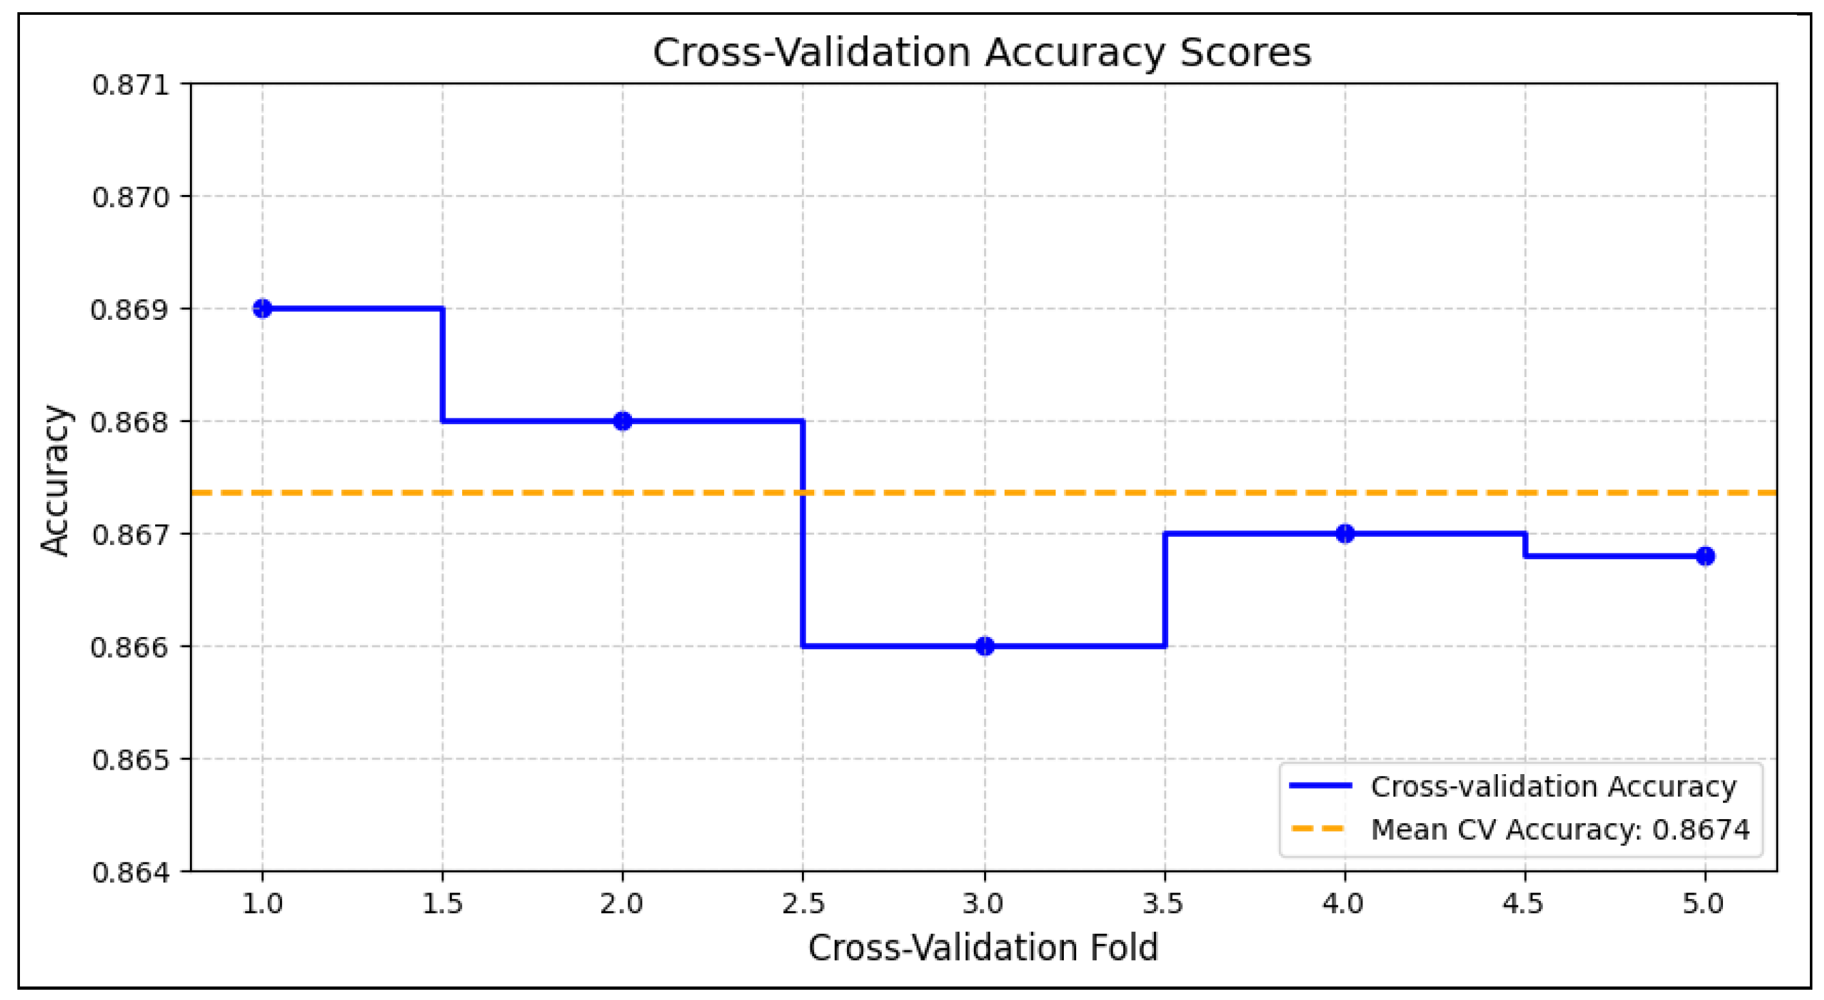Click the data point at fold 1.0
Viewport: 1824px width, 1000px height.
(x=263, y=309)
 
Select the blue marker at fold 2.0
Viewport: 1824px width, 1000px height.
(x=622, y=421)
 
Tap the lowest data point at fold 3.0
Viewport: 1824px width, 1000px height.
(x=984, y=646)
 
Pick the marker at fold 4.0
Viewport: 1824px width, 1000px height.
(x=1345, y=533)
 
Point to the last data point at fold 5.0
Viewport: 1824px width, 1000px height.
(x=1705, y=556)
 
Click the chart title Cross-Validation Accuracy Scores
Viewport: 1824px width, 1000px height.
(x=982, y=52)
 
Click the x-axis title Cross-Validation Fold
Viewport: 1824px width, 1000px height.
(x=983, y=948)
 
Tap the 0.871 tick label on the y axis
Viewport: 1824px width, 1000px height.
(x=131, y=85)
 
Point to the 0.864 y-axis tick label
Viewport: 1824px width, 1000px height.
(x=131, y=872)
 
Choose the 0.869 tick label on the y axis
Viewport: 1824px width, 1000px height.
(x=131, y=310)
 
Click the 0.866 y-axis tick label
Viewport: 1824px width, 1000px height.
(x=131, y=647)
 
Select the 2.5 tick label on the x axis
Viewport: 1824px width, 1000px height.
(x=803, y=903)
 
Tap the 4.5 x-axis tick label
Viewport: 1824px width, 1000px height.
(x=1524, y=903)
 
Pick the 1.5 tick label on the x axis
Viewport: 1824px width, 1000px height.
(x=443, y=903)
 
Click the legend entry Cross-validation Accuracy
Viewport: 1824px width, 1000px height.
(x=1554, y=786)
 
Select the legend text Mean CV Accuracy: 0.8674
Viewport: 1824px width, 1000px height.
(x=1560, y=829)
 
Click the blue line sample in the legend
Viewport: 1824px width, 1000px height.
(x=1320, y=786)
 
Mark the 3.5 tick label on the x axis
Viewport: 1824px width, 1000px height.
(x=1164, y=903)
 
